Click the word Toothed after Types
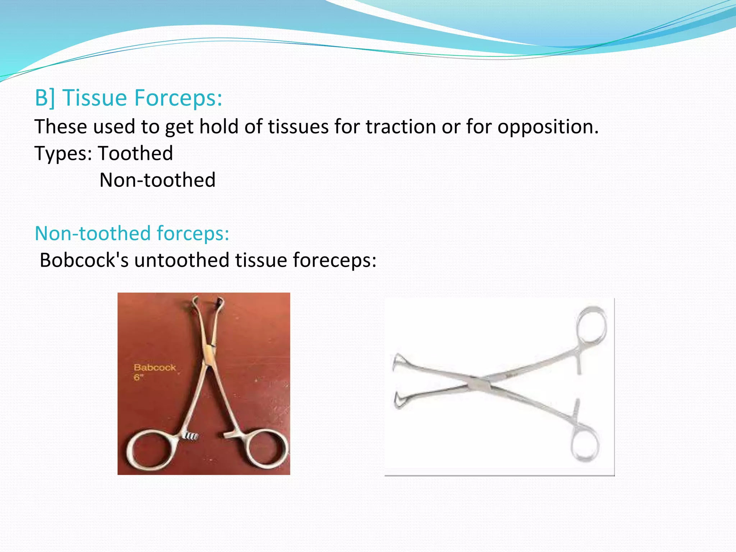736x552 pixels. coord(135,153)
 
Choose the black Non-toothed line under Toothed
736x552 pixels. coord(157,180)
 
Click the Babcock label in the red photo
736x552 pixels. coord(155,368)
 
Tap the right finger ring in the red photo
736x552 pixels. coord(266,449)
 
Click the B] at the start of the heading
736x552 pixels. coord(45,98)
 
